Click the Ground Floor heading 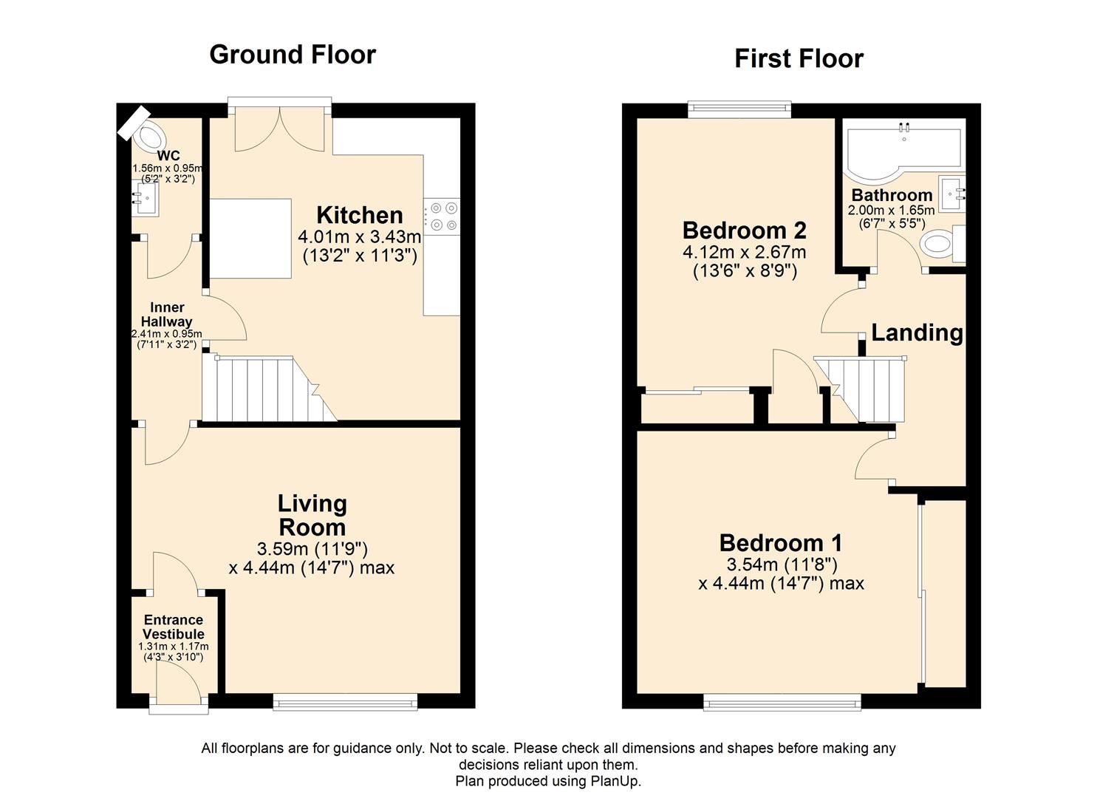tap(293, 55)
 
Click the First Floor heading tap(799, 59)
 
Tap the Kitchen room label tap(360, 216)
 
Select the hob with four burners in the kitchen tap(442, 216)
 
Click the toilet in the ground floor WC tap(150, 136)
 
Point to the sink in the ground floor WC tap(144, 199)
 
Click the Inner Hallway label tap(167, 314)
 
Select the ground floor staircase tap(266, 389)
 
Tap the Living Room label tap(312, 515)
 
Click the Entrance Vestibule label tap(174, 627)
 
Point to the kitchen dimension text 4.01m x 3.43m tap(360, 237)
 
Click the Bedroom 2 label tap(744, 231)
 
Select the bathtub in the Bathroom tap(903, 151)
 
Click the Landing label tap(917, 332)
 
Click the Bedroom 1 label tap(781, 543)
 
